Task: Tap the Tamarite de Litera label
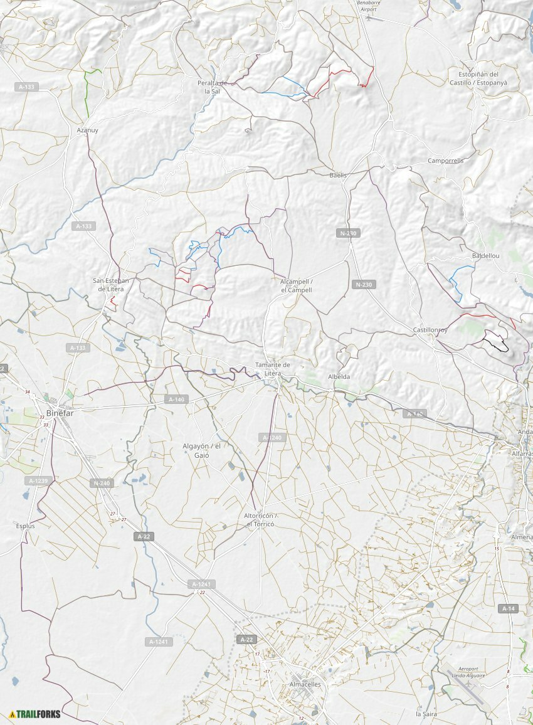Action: tap(273, 369)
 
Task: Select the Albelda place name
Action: tap(339, 377)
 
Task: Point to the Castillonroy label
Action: tap(430, 330)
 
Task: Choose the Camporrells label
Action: tap(445, 161)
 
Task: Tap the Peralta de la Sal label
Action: tap(212, 87)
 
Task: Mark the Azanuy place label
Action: tap(87, 130)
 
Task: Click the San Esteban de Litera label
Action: tap(111, 284)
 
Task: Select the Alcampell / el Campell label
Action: tap(296, 286)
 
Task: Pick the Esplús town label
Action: tap(25, 526)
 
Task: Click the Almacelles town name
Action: tap(305, 684)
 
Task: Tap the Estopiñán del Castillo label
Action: tap(478, 78)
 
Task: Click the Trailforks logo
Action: tap(35, 714)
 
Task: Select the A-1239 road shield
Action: tap(38, 480)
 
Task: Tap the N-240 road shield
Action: tap(101, 483)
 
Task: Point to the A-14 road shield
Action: tap(508, 608)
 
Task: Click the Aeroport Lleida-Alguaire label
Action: tap(468, 672)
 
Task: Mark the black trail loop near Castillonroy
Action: tap(495, 343)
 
